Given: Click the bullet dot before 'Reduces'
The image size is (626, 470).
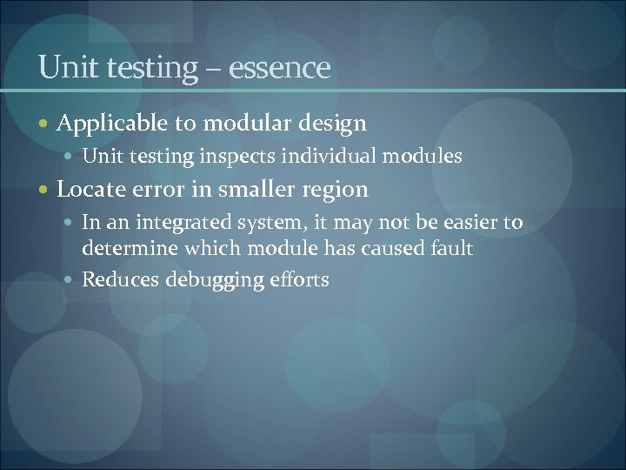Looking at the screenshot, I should click(x=70, y=281).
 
